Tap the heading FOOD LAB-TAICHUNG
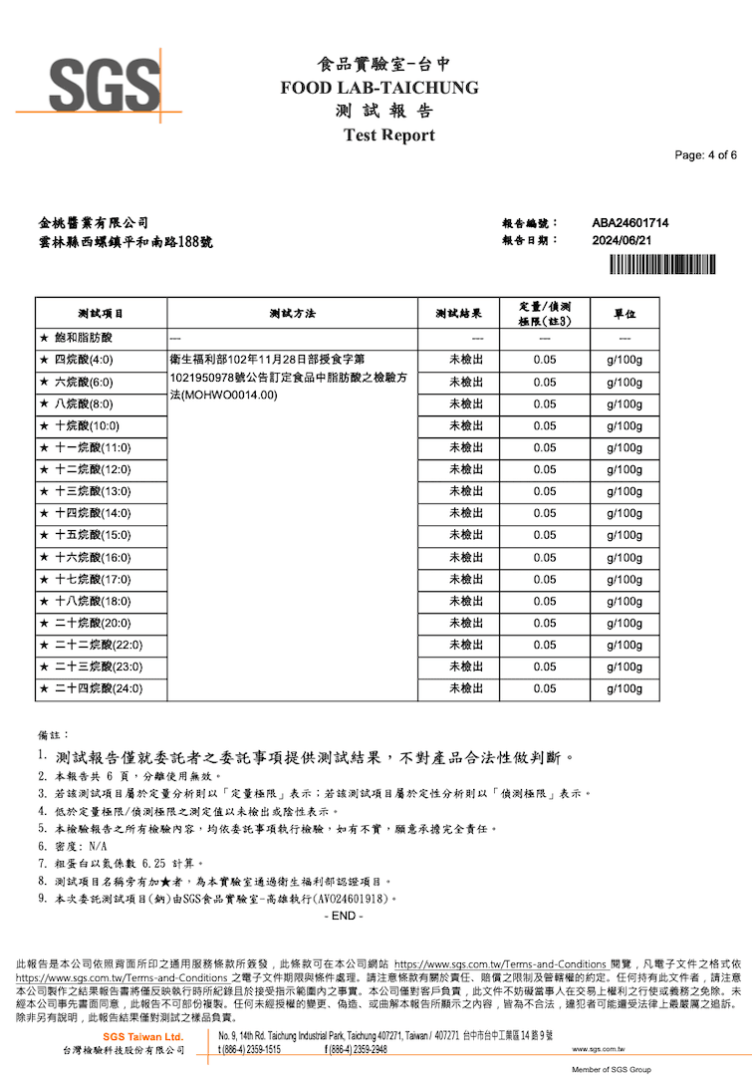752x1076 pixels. pyautogui.click(x=379, y=88)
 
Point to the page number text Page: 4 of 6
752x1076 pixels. pyautogui.click(x=705, y=155)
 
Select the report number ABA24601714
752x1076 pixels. pyautogui.click(x=629, y=223)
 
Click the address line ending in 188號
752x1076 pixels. pyautogui.click(x=125, y=242)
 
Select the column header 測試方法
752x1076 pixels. pyautogui.click(x=292, y=314)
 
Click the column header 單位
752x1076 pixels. pyautogui.click(x=625, y=314)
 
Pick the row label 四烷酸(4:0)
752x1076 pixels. pyautogui.click(x=84, y=361)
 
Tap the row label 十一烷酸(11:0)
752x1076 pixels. pyautogui.click(x=92, y=448)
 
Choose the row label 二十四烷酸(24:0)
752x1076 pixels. pyautogui.click(x=98, y=688)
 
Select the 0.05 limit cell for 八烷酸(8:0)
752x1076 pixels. pyautogui.click(x=544, y=404)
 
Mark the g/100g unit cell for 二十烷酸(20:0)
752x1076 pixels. pyautogui.click(x=625, y=624)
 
